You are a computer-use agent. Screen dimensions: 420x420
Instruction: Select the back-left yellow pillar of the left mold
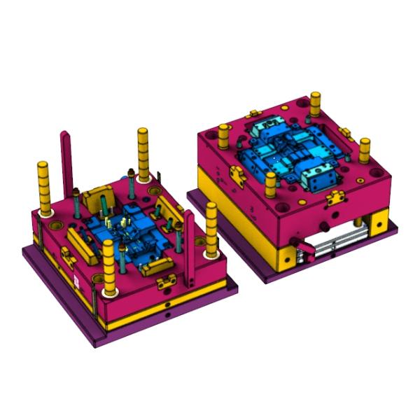coord(44,188)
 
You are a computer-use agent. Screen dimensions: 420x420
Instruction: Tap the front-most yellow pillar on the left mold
coord(108,266)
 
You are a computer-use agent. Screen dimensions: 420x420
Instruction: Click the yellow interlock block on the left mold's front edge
coord(167,281)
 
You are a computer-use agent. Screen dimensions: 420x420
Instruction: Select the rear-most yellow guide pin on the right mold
coord(315,103)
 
